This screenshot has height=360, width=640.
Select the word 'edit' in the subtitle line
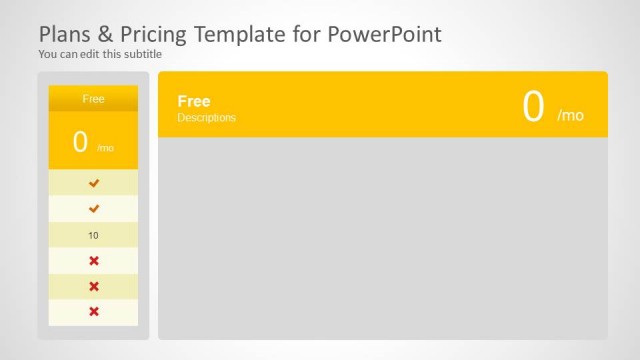pos(89,54)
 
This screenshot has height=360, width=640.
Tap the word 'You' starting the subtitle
pos(48,54)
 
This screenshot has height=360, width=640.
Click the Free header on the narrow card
pos(93,98)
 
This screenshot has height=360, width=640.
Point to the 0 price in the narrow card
pos(80,142)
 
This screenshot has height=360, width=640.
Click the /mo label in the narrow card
pos(105,148)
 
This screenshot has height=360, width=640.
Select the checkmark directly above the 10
pos(94,209)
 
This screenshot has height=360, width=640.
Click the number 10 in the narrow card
pos(93,235)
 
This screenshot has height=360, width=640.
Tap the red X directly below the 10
pos(94,261)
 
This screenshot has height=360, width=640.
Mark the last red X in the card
pos(94,312)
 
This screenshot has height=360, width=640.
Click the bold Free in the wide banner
pos(194,101)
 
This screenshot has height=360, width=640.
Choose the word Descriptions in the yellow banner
pos(206,118)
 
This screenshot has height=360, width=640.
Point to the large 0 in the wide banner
pos(533,107)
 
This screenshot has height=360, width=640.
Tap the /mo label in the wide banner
pos(570,116)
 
